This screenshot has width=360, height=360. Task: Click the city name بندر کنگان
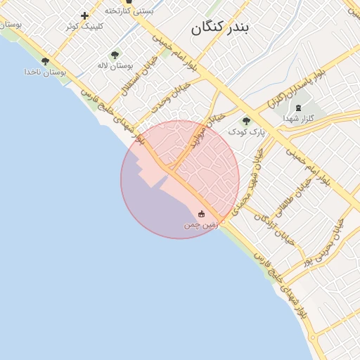point(221,27)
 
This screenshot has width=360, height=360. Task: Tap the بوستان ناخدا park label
point(45,72)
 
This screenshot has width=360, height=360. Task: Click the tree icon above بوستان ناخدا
point(46,62)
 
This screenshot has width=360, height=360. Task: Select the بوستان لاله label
point(115,65)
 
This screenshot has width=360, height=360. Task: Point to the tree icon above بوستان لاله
point(115,55)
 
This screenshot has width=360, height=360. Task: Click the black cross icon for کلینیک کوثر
point(85,15)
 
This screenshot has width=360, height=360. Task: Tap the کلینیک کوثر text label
point(84,26)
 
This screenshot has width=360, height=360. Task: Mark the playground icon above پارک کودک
point(246,121)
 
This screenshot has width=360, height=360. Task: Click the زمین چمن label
point(202,225)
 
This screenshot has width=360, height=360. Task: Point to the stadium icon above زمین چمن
point(202,214)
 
